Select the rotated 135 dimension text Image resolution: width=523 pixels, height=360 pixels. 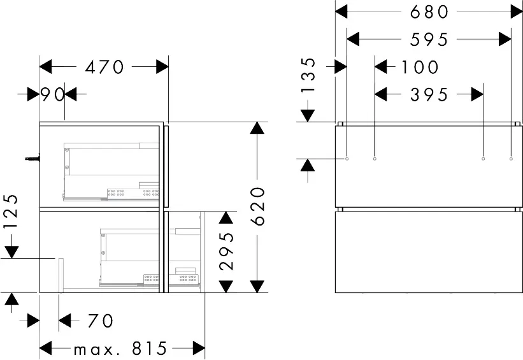(308, 76)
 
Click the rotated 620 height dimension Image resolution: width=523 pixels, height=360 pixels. (257, 206)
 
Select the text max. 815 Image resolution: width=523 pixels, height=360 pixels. (120, 349)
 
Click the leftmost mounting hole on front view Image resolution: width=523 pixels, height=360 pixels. (347, 157)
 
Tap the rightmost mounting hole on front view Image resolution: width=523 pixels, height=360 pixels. (511, 157)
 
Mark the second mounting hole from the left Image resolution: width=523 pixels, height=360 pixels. (375, 157)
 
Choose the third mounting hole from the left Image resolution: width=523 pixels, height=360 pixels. (484, 157)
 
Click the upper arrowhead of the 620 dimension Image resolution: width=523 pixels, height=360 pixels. (257, 127)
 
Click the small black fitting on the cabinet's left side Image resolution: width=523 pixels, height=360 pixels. (31, 157)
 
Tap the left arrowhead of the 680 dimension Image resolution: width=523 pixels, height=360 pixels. (341, 11)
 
